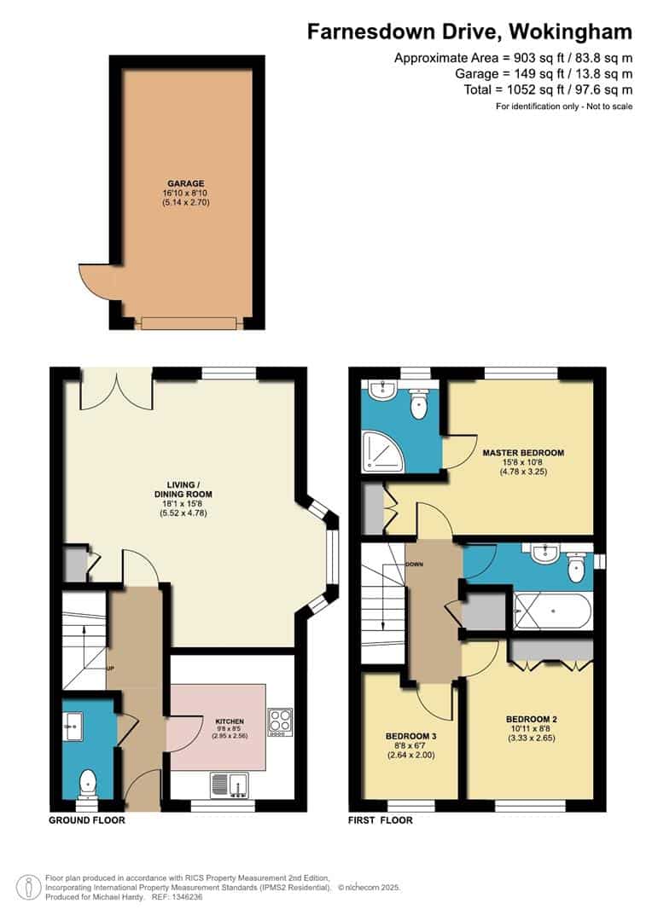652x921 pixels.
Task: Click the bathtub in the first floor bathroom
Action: coord(552,611)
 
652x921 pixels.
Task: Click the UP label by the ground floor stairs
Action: coord(110,669)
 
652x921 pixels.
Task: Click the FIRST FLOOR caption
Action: coord(381,820)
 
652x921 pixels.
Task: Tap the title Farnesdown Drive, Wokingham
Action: coord(469,32)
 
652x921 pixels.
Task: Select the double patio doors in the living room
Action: coord(117,391)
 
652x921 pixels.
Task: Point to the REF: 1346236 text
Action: coord(178,897)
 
